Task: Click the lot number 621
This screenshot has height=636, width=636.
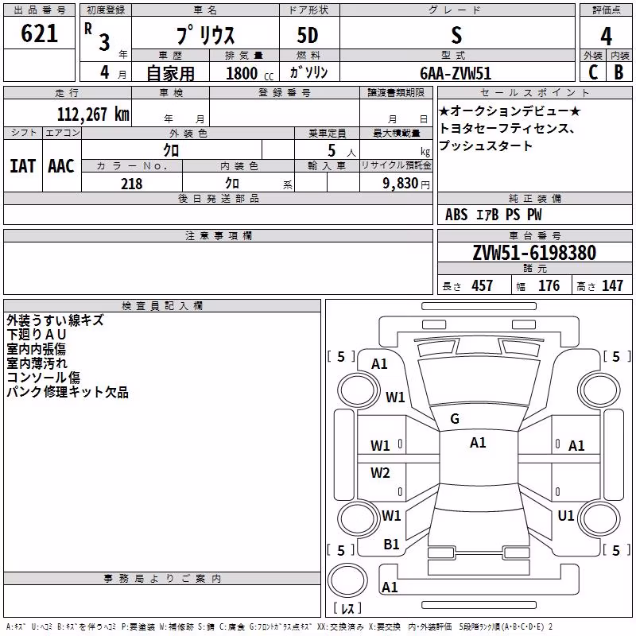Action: coord(39,33)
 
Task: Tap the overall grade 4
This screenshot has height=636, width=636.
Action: coord(606,36)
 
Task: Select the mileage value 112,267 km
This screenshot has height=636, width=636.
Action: coord(93,114)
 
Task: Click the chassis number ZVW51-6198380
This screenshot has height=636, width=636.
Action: coord(534,253)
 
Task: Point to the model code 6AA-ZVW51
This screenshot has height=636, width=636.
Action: coord(456,73)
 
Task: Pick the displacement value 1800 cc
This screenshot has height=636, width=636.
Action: coord(249,73)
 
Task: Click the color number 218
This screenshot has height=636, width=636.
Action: coord(132,184)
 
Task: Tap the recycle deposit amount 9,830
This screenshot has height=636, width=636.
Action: coord(401,184)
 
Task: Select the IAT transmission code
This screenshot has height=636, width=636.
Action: coord(22,166)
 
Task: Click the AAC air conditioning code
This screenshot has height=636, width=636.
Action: coord(61,166)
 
